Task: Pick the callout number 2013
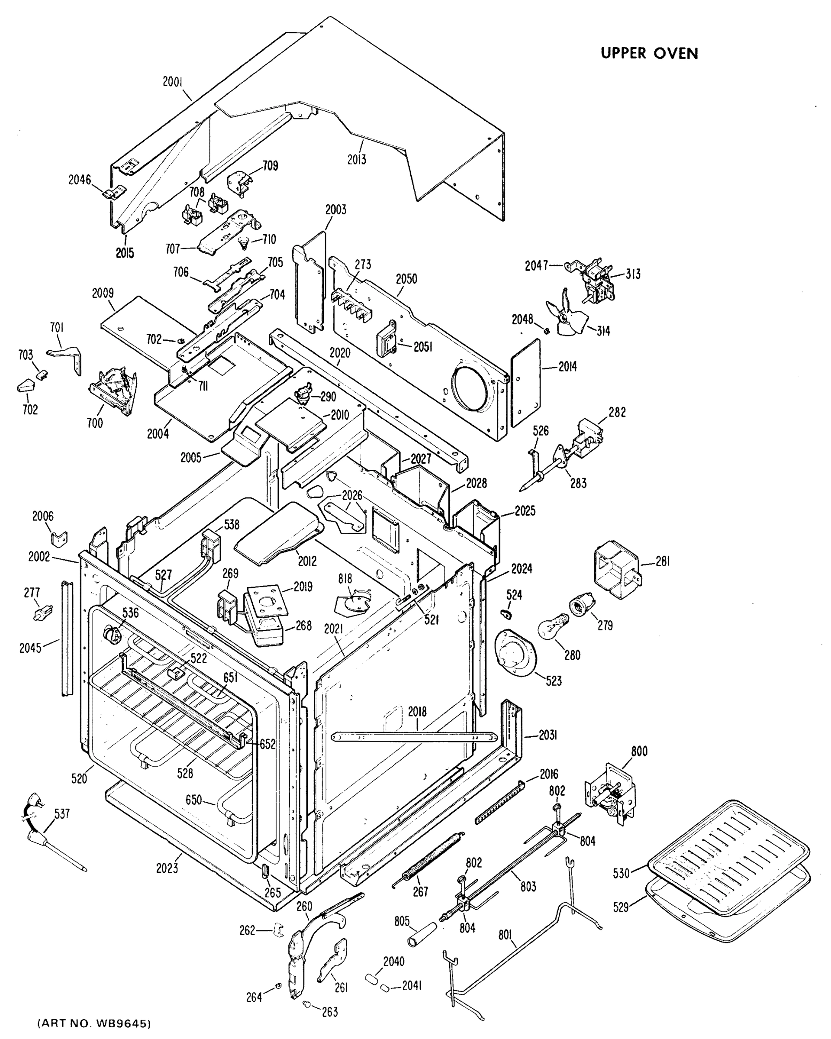[x=357, y=159]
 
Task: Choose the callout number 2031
[x=548, y=735]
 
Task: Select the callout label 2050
[x=406, y=279]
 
